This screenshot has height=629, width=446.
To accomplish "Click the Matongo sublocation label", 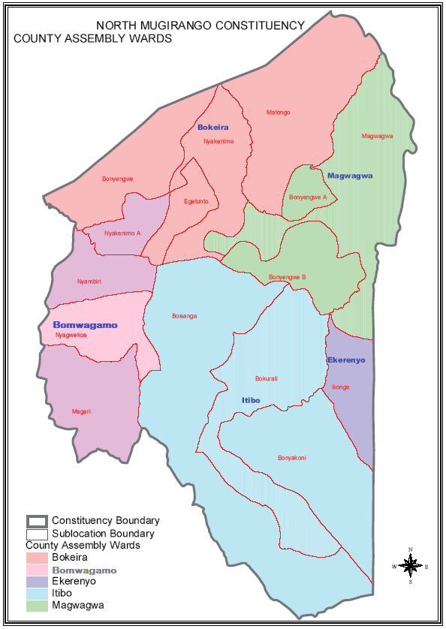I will (x=278, y=113).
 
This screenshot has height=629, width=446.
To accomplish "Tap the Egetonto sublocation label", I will (x=195, y=201).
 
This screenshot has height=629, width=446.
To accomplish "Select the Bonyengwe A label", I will (x=308, y=197).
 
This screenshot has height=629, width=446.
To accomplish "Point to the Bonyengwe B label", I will (x=288, y=277).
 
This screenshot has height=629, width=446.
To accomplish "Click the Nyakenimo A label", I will (x=122, y=233).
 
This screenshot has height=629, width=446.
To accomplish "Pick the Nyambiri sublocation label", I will (x=89, y=281).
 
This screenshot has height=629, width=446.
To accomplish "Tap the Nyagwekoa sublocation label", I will (x=71, y=335).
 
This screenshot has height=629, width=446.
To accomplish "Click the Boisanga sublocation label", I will (x=184, y=316).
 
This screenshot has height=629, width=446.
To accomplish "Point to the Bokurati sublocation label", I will (x=267, y=378).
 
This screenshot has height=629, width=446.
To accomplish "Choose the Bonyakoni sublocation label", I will (x=292, y=458).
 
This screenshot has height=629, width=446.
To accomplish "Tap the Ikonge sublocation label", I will (x=340, y=387).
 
